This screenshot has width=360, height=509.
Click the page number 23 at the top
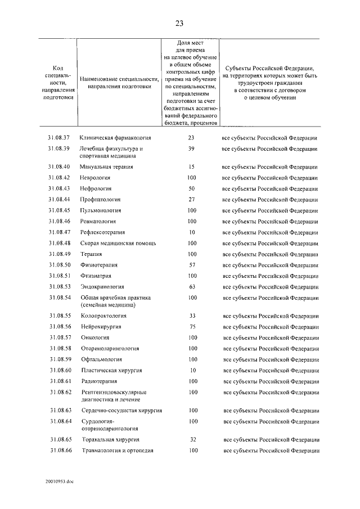(179, 23)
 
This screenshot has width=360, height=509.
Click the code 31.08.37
(59, 138)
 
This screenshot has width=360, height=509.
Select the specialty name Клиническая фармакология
(115, 138)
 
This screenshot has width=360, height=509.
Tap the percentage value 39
(191, 149)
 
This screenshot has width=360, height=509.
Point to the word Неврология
(96, 178)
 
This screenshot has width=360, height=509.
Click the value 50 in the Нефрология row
(191, 188)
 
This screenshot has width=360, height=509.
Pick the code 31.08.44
(59, 200)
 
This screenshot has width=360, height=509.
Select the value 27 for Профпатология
(191, 200)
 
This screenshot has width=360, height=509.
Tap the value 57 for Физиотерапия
(191, 265)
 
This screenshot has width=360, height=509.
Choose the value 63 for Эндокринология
(191, 286)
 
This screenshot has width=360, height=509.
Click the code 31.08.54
(59, 298)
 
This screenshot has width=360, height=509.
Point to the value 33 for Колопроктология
(191, 316)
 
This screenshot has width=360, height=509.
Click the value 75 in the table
(191, 327)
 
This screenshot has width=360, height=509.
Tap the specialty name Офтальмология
(101, 359)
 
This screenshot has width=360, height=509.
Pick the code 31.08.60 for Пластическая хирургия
(59, 371)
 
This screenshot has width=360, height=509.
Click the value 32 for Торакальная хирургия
(191, 439)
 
